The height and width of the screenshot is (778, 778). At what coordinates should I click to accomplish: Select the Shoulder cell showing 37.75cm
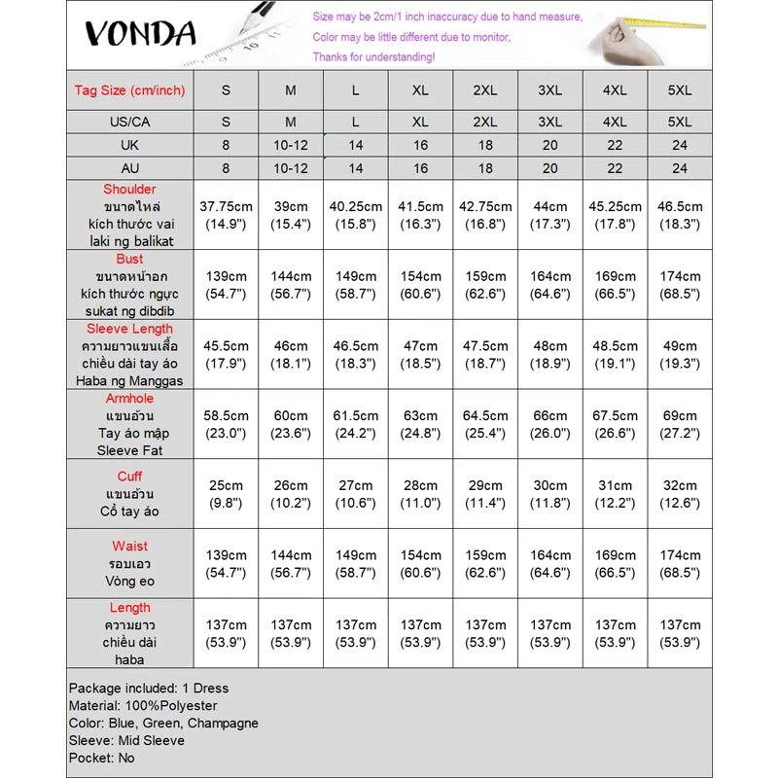click(x=226, y=215)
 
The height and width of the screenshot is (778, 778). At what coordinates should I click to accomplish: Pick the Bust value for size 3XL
click(x=549, y=285)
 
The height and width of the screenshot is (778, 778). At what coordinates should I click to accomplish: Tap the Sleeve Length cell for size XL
click(x=420, y=354)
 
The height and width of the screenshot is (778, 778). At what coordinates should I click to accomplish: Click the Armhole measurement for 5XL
click(x=680, y=424)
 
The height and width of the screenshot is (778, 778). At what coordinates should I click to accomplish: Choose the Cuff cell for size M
click(x=290, y=494)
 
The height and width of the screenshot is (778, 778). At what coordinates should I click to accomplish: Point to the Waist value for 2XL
click(x=485, y=564)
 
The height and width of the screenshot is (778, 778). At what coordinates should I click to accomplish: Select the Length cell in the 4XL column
click(x=615, y=634)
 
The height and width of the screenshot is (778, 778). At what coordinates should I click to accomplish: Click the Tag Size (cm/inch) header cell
click(x=129, y=90)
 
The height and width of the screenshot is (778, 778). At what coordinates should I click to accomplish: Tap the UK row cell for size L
click(x=356, y=145)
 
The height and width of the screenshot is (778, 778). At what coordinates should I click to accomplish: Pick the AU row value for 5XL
click(x=680, y=168)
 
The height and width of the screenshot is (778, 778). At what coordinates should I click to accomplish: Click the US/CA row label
click(x=129, y=123)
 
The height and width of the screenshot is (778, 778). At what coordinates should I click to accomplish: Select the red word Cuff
click(x=129, y=477)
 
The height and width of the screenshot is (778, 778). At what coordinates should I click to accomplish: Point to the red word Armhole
click(x=129, y=399)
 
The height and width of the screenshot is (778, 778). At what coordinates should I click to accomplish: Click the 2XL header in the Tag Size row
click(x=485, y=90)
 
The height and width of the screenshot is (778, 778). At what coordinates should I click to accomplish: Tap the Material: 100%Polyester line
click(x=143, y=706)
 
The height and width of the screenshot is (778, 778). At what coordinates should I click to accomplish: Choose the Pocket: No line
click(x=101, y=759)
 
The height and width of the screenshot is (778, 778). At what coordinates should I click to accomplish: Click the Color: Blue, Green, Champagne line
click(x=163, y=724)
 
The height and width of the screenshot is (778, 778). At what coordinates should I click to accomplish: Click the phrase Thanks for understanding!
click(x=373, y=57)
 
